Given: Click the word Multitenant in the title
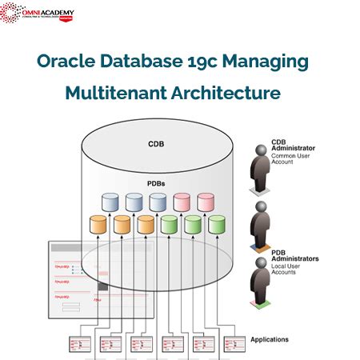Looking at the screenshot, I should click(x=115, y=93).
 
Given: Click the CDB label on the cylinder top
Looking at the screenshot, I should click(x=157, y=145).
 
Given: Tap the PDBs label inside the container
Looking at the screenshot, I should click(x=157, y=183).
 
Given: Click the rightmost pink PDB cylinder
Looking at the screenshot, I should click(x=206, y=202).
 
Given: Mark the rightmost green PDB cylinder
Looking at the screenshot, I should click(x=216, y=225).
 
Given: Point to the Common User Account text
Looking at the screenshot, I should click(x=290, y=158).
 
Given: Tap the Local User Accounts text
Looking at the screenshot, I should click(x=290, y=269).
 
